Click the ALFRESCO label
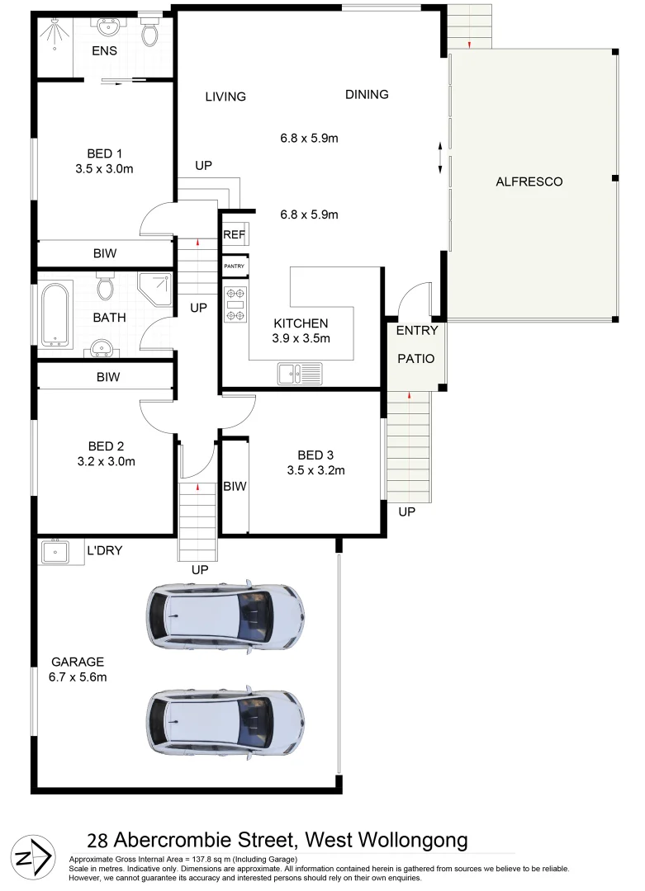click(x=529, y=181)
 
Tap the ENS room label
click(x=105, y=51)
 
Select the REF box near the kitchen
click(x=234, y=235)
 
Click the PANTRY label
click(x=235, y=266)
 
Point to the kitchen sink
click(x=299, y=375)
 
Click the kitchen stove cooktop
click(x=235, y=304)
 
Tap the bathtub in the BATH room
click(x=56, y=313)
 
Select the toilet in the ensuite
click(x=150, y=31)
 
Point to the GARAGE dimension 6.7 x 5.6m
click(x=78, y=677)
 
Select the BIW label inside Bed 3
click(x=235, y=487)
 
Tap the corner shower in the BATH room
click(x=154, y=290)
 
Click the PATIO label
click(x=415, y=359)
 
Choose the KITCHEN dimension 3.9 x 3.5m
click(x=301, y=338)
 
